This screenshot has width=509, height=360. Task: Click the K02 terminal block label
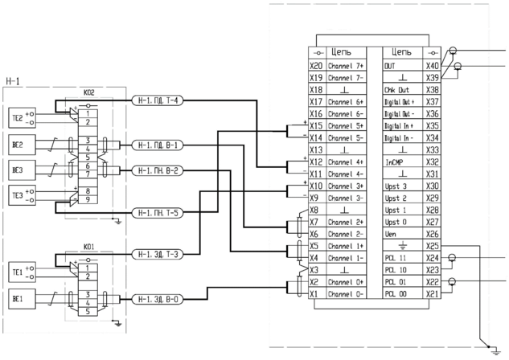89,94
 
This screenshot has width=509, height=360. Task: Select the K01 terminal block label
89,248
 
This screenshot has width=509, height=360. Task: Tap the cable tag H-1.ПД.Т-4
158,100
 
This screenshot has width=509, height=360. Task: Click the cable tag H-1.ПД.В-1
158,145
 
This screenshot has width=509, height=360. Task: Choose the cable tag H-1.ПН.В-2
158,170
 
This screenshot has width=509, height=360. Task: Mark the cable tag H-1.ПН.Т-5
158,212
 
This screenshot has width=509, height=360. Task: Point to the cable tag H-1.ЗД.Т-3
158,255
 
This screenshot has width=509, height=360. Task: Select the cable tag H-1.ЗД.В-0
158,298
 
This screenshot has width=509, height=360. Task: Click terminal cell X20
316,66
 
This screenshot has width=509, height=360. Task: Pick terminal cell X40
433,66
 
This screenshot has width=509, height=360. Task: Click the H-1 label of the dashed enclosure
13,80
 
